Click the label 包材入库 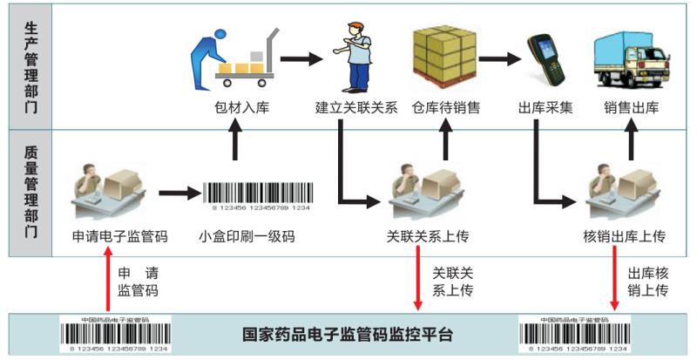[236, 109]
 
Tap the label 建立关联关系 [356, 109]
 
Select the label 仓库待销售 [446, 109]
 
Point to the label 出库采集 [545, 109]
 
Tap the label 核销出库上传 [625, 236]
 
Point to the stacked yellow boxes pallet [446, 54]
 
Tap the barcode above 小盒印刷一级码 [257, 194]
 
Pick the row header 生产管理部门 [30, 65]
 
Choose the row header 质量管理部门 [30, 192]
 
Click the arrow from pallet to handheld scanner [500, 60]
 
